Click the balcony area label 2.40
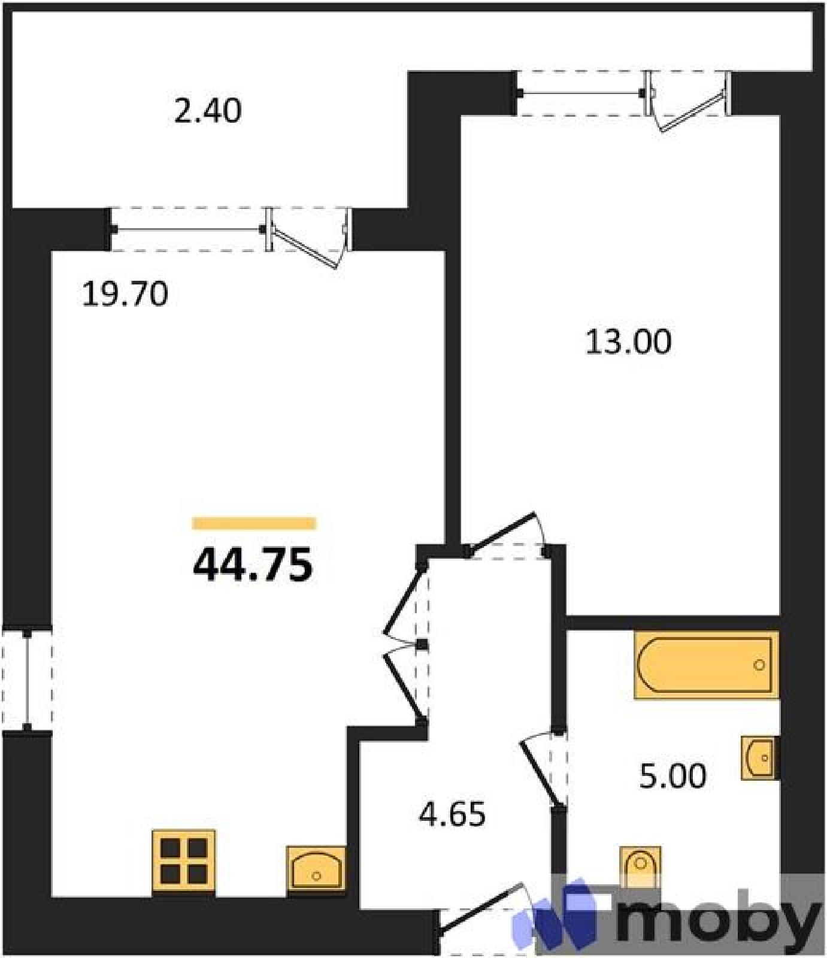point(208,111)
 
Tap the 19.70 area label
point(125,295)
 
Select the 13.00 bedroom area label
point(628,342)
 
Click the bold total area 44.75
point(253,565)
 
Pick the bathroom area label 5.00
point(673,776)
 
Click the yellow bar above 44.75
point(254,523)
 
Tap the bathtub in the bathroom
point(707,665)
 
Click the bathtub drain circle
point(759,665)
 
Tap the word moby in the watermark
point(719,922)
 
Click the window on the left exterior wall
point(27,678)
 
